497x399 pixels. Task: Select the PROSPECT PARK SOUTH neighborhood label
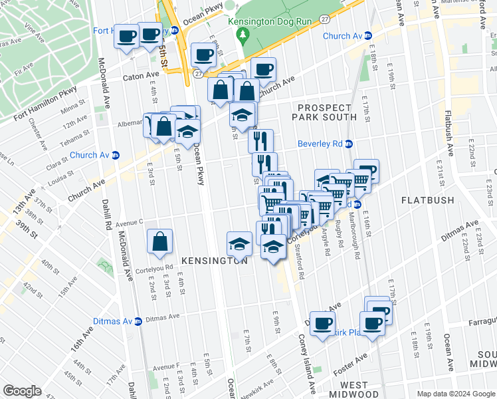point(324,112)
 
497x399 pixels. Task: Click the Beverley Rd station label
point(319,144)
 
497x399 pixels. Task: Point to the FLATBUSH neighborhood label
point(427,199)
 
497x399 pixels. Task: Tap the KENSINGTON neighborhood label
point(211,261)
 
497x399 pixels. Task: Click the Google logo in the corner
point(22,390)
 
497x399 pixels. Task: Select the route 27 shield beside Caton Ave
point(198,74)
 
